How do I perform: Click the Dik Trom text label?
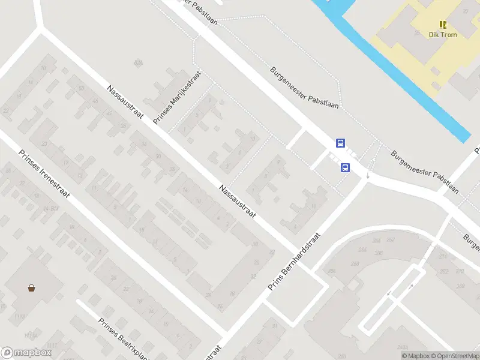click(443, 35)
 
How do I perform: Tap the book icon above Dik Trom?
click(443, 25)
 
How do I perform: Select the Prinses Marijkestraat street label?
click(177, 98)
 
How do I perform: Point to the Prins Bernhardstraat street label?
click(295, 262)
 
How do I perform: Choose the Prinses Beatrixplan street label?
click(122, 339)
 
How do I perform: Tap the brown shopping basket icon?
click(31, 287)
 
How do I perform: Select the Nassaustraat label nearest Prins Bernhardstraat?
click(238, 201)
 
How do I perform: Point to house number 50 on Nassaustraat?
click(81, 88)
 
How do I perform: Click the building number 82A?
click(139, 62)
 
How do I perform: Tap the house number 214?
click(443, 256)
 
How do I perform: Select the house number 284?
click(377, 241)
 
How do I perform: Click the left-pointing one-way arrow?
click(389, 293)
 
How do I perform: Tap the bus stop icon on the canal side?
click(340, 143)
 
